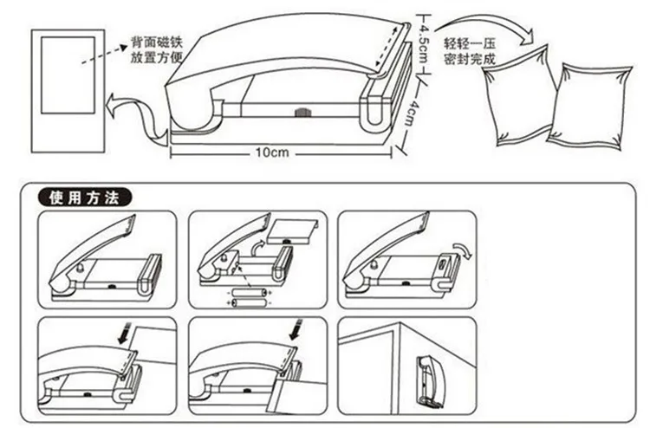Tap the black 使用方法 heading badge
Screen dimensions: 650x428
[84, 198]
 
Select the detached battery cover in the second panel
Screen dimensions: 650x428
[290, 230]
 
